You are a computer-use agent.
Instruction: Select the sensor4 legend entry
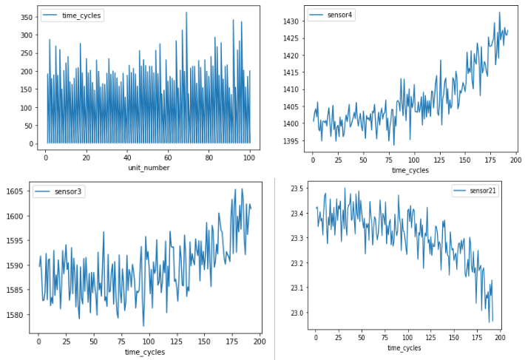338,15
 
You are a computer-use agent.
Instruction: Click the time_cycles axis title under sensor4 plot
410,171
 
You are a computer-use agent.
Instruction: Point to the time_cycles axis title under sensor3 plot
144,352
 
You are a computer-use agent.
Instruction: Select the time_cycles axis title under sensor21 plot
404,347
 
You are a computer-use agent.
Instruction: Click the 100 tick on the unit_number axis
250,157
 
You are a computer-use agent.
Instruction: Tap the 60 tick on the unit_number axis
169,157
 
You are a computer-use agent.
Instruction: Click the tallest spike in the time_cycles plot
186,12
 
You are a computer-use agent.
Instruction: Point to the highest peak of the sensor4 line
499,12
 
